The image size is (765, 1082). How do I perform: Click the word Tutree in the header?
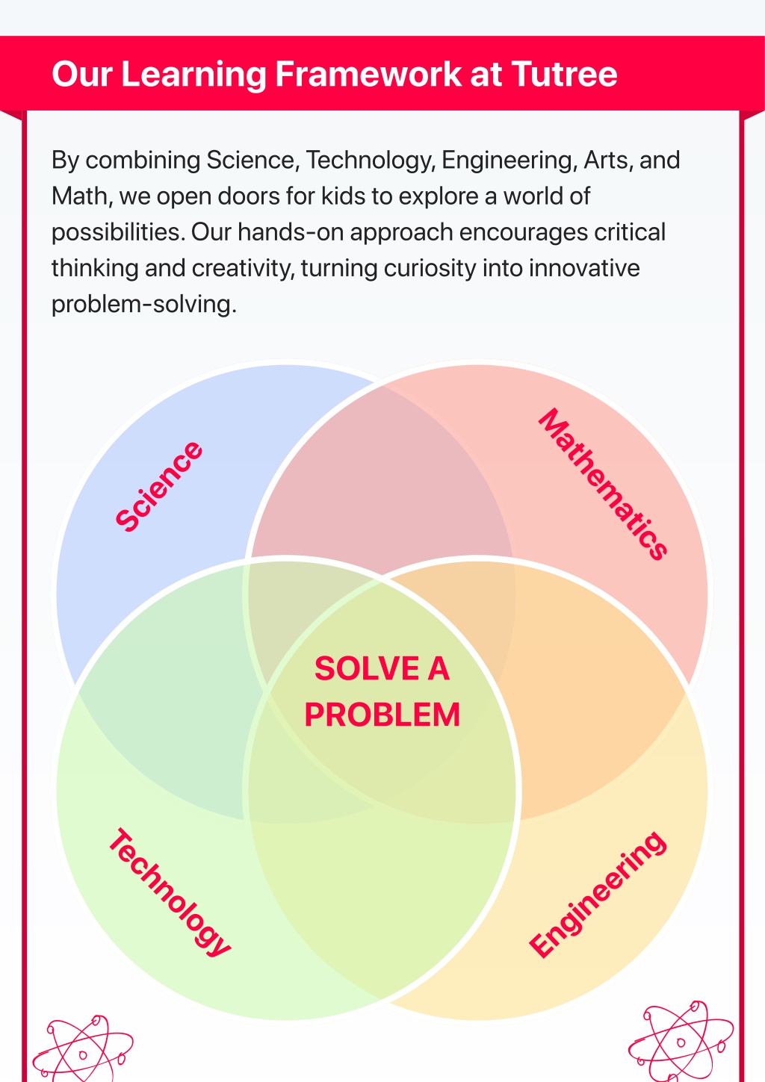pos(564,74)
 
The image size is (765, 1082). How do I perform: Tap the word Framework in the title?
pos(368,74)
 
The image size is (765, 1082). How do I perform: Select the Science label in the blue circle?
pos(159,486)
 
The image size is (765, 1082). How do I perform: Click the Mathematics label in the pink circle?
pos(603,484)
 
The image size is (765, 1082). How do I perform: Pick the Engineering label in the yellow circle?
pos(598,894)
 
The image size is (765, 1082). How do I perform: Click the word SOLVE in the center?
pos(367,669)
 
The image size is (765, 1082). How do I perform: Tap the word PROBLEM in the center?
pos(382,715)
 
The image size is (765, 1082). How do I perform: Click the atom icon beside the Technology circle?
pos(83,1049)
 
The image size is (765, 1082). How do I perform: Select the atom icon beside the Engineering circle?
pos(681,1042)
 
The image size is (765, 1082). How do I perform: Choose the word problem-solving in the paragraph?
pos(144,305)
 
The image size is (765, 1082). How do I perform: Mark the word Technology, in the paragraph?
pos(371,161)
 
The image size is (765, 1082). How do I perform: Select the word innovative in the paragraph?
pos(584,268)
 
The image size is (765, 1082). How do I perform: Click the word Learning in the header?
pos(193,75)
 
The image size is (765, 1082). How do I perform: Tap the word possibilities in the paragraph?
pos(118,233)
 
